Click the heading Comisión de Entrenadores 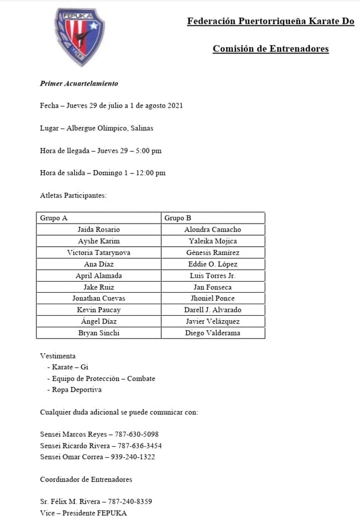(271, 49)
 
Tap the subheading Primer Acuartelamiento (79, 83)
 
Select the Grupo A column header (54, 218)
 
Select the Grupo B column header (178, 218)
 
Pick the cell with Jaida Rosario (99, 230)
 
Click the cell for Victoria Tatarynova (99, 252)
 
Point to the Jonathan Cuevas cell (99, 298)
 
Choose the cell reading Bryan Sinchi (99, 333)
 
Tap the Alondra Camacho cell (213, 230)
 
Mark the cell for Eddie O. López (213, 264)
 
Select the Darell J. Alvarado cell (213, 310)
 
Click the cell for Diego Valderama (213, 333)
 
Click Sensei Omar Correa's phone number (133, 457)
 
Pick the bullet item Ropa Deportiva (77, 390)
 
